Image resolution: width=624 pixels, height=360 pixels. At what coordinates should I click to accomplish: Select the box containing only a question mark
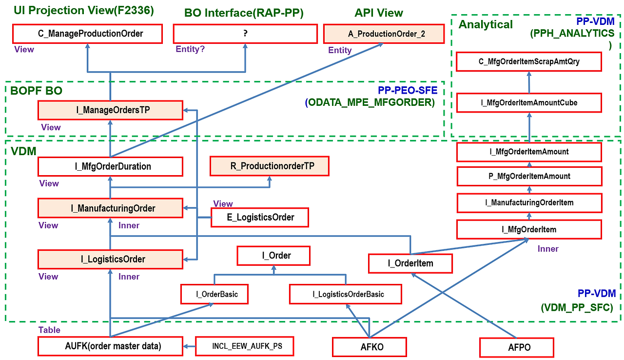[245, 34]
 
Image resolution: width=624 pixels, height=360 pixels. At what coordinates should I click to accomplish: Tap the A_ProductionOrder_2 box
[384, 34]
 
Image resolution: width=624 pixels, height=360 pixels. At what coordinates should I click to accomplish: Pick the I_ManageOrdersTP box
[110, 110]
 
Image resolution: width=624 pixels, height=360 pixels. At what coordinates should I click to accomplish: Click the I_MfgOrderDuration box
[110, 166]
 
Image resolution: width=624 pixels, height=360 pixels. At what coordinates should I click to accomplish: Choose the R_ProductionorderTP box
[270, 166]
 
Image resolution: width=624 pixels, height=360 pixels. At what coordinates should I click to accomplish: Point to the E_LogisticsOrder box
[260, 217]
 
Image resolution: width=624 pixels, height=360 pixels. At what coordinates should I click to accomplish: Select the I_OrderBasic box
[214, 294]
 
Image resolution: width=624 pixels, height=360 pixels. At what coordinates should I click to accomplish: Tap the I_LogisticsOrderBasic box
[346, 294]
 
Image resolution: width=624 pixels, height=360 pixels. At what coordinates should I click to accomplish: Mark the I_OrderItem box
[410, 263]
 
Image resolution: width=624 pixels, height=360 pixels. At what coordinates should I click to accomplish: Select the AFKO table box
[369, 347]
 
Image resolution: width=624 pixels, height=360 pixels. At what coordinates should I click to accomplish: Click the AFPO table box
[516, 348]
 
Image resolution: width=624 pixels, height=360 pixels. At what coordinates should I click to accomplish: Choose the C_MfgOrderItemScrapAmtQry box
[529, 61]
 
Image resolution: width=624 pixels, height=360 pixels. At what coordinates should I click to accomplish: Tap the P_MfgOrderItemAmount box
[529, 176]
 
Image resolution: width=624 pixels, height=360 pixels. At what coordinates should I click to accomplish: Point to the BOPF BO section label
[37, 91]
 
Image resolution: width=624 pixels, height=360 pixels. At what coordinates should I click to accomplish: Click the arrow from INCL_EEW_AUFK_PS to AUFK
[189, 347]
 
